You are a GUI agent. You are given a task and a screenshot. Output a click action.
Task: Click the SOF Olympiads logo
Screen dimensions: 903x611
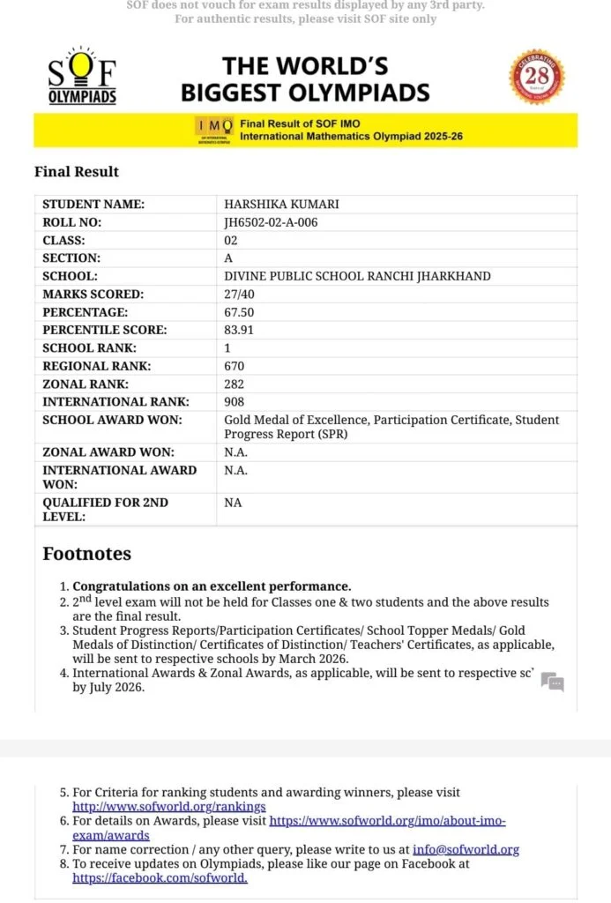[x=82, y=76]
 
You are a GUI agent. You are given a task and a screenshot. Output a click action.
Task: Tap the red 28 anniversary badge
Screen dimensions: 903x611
[x=537, y=77]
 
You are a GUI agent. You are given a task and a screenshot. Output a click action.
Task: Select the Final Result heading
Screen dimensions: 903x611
[x=77, y=171]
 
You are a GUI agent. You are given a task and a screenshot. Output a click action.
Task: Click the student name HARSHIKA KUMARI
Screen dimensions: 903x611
[x=281, y=205]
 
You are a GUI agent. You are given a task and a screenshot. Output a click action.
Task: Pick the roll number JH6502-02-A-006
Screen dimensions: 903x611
[x=271, y=222]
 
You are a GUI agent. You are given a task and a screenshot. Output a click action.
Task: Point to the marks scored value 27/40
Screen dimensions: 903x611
[x=241, y=294]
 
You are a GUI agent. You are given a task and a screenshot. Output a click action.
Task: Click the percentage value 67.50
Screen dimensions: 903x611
[x=239, y=312]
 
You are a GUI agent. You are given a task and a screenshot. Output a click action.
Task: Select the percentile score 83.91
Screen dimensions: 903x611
[x=239, y=330]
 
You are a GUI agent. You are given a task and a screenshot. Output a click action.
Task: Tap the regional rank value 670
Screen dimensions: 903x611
[x=234, y=366]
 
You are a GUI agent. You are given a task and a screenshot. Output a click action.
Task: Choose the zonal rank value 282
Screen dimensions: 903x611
[x=234, y=384]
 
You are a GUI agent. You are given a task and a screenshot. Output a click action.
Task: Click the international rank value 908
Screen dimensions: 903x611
[x=234, y=402]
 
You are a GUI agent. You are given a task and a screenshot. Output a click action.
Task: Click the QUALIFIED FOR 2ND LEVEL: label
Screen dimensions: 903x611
[x=106, y=509]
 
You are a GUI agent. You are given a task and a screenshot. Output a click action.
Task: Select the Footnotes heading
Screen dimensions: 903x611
[x=86, y=554]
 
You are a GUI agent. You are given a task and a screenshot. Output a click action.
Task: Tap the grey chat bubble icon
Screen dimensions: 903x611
[x=552, y=682]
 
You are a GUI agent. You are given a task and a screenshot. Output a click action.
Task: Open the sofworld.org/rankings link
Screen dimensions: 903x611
[x=168, y=806]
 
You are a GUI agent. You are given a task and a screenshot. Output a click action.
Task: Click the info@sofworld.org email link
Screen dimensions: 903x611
[x=466, y=849]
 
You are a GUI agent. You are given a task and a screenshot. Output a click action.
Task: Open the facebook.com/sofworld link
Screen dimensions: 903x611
[x=160, y=877]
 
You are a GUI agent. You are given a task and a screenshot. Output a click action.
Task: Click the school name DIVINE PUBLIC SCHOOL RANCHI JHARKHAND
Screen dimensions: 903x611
[x=357, y=276]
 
